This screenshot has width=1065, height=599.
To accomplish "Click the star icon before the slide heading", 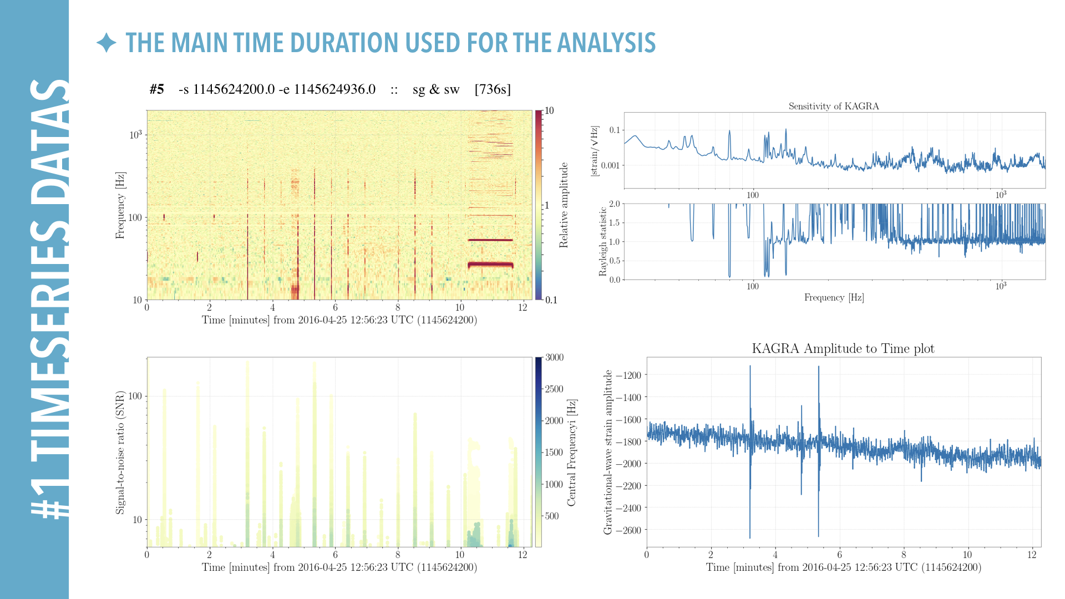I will click(106, 43).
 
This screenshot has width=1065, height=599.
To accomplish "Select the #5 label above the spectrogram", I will click(156, 89).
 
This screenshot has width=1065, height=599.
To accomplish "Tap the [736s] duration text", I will click(493, 89).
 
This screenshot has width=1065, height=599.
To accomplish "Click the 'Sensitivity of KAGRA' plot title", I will click(834, 106).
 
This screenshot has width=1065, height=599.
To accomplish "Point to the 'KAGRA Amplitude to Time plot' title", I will click(843, 348).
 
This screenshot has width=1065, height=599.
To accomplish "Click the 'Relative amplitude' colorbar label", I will click(564, 205).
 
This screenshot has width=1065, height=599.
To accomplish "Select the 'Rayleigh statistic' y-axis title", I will click(603, 242).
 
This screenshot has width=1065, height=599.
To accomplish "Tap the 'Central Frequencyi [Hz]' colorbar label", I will click(572, 452).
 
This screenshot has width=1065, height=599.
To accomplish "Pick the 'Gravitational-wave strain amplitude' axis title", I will click(607, 452).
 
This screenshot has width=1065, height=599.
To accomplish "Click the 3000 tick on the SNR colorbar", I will click(554, 357).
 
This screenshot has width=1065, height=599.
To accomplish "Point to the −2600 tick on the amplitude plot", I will click(628, 530).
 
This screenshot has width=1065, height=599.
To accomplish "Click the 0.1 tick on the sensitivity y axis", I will click(614, 130).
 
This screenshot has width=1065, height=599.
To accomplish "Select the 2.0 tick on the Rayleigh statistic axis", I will click(614, 204).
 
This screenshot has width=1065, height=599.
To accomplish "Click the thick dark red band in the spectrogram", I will click(490, 265).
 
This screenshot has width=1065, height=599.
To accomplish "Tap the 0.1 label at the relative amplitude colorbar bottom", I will click(551, 300).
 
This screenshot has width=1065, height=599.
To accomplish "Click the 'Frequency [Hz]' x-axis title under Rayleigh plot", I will click(834, 298).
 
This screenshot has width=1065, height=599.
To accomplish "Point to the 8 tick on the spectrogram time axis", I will click(397, 307).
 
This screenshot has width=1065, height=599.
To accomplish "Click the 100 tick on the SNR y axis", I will click(135, 396).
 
